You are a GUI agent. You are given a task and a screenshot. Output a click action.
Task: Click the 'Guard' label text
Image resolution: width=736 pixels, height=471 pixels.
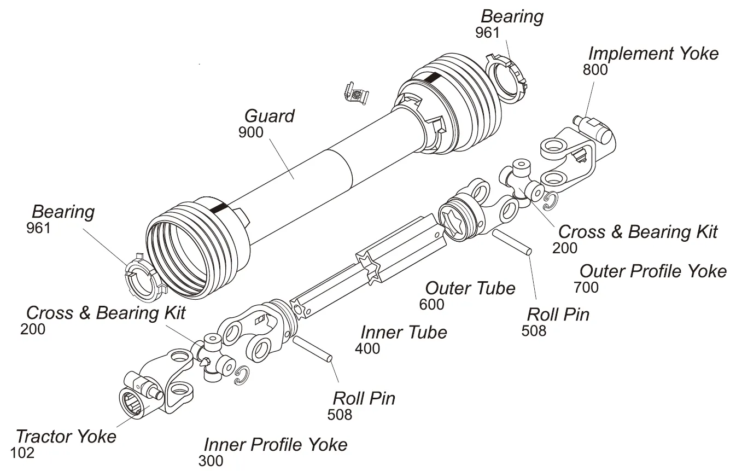click(x=269, y=116)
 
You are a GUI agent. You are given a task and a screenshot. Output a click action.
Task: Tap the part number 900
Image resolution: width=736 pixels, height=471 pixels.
click(x=250, y=132)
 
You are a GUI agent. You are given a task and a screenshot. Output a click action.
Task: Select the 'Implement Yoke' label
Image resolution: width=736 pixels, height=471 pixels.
click(x=653, y=54)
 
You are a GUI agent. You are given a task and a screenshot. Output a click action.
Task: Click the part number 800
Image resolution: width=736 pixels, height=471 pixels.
click(x=595, y=70)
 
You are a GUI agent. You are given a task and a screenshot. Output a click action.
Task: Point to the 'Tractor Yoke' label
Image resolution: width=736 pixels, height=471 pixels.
click(x=66, y=437)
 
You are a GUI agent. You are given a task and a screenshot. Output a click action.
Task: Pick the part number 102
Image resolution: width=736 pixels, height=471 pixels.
click(x=22, y=453)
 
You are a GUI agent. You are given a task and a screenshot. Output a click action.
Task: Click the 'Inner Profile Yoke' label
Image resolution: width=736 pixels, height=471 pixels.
click(x=275, y=445)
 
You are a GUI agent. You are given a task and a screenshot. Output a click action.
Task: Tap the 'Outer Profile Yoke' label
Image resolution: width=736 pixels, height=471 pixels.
click(x=653, y=271)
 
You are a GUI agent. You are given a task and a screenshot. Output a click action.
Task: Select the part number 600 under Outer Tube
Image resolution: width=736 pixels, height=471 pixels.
click(x=431, y=305)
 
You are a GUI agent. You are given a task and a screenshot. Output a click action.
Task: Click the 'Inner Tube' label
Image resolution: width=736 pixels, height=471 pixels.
click(x=404, y=332)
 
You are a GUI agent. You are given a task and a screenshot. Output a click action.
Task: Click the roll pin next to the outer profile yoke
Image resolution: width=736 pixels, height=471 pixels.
click(x=512, y=242)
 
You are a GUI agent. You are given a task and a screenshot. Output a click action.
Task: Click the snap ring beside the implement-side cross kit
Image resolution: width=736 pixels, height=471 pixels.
click(x=550, y=201)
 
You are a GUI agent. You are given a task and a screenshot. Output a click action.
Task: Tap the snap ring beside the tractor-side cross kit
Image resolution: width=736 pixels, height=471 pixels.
click(x=241, y=376)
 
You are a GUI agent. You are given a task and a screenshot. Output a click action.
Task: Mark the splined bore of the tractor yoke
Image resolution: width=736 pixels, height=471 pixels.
click(x=133, y=403)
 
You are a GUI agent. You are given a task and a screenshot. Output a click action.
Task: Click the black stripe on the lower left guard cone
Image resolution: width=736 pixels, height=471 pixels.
click(x=219, y=208)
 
